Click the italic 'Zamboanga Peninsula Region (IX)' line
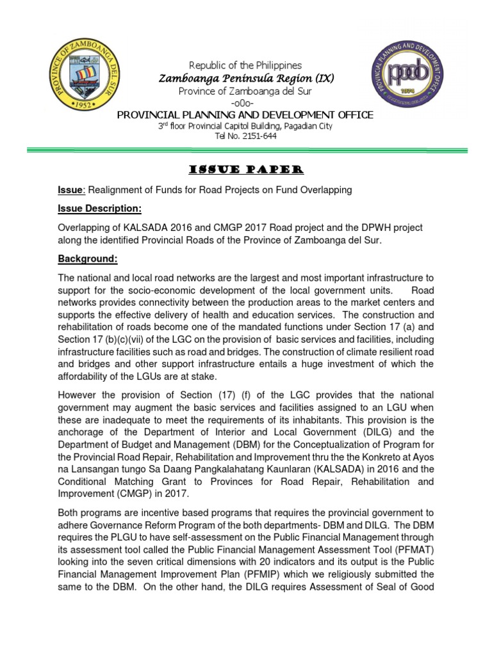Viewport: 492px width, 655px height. point(247,78)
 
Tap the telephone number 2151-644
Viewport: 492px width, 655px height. point(258,137)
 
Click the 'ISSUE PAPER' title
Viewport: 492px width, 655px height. point(247,170)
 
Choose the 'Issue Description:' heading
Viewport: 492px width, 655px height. point(99,209)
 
